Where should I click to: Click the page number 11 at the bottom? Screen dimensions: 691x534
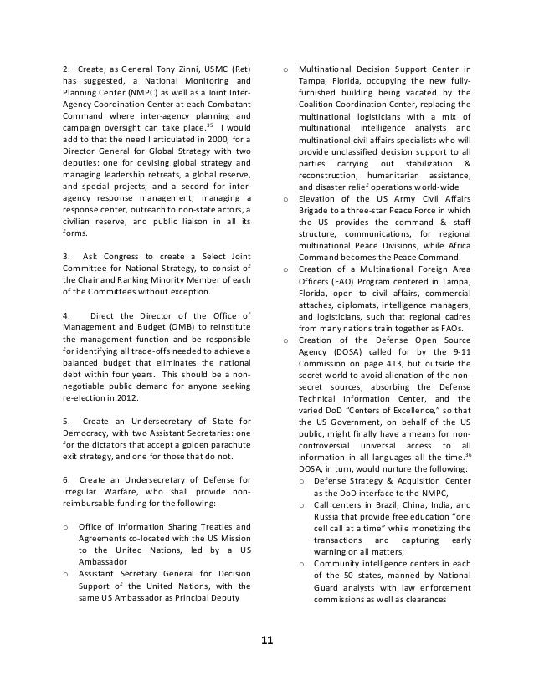[266, 641]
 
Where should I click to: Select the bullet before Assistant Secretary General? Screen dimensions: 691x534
[65, 575]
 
